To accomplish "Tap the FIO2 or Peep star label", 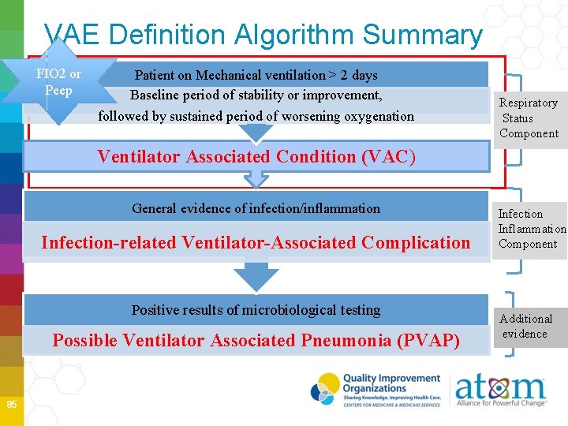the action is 58,82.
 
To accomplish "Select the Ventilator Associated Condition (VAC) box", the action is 256,156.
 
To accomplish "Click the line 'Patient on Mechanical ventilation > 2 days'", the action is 256,76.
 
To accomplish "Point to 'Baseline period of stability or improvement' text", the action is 256,95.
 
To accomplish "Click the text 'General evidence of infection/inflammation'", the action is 256,209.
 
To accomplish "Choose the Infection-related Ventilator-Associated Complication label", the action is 256,242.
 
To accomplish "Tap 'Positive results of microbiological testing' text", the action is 256,310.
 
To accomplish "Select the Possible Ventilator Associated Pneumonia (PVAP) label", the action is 256,341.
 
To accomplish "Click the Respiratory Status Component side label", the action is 529,118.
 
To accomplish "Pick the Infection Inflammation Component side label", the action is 530,229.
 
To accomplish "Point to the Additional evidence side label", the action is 525,326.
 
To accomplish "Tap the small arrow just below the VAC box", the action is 256,180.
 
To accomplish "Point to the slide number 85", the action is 11,405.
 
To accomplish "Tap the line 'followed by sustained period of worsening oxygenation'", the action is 256,116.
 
